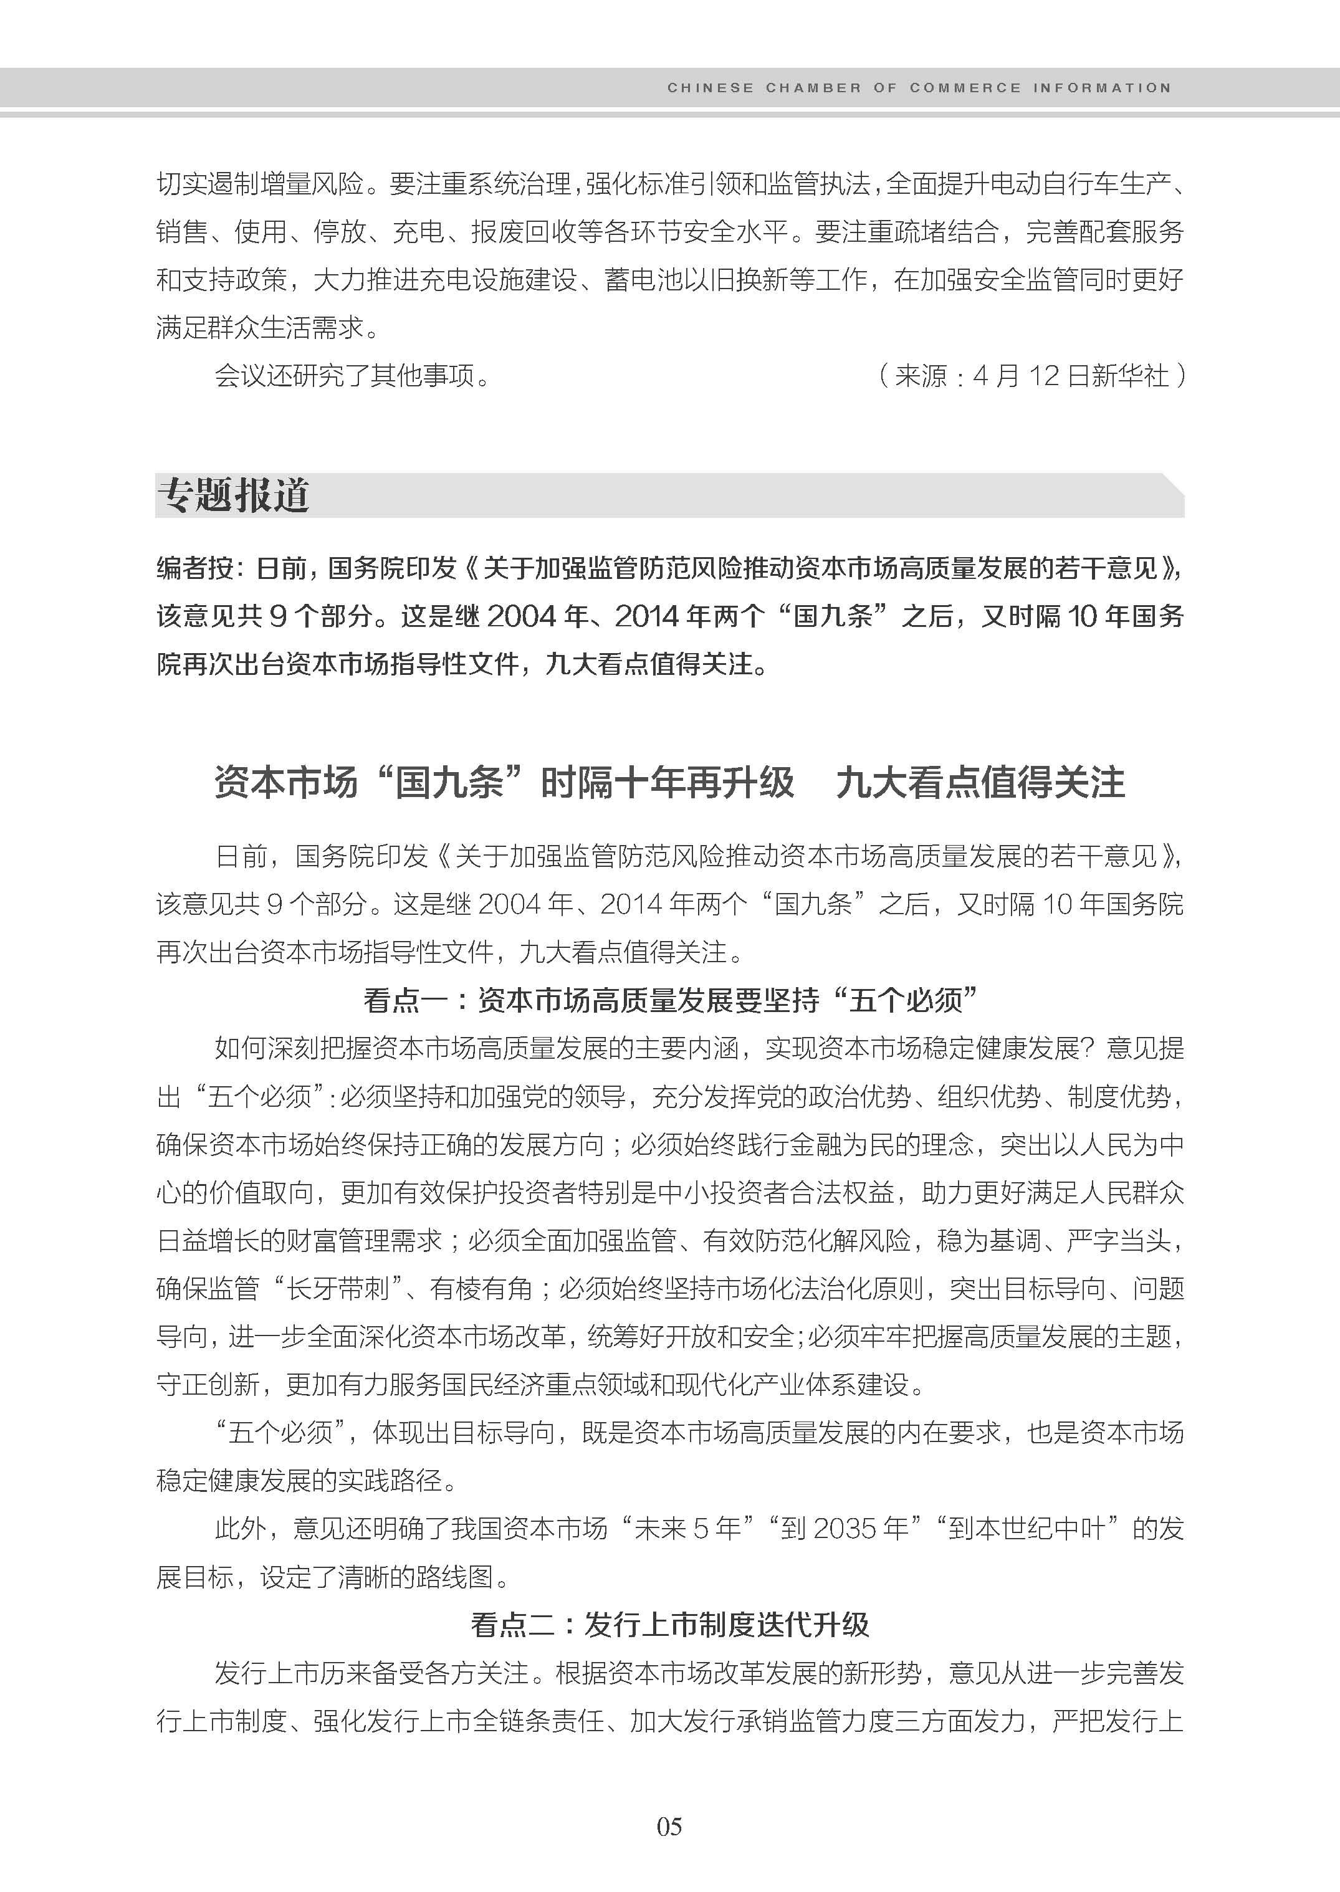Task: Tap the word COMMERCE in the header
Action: [x=965, y=87]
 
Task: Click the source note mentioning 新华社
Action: [x=1031, y=376]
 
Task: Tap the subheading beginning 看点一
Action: [x=669, y=1001]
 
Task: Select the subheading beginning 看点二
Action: [x=669, y=1625]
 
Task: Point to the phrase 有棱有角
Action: [x=482, y=1289]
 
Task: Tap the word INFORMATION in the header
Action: [x=1101, y=87]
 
